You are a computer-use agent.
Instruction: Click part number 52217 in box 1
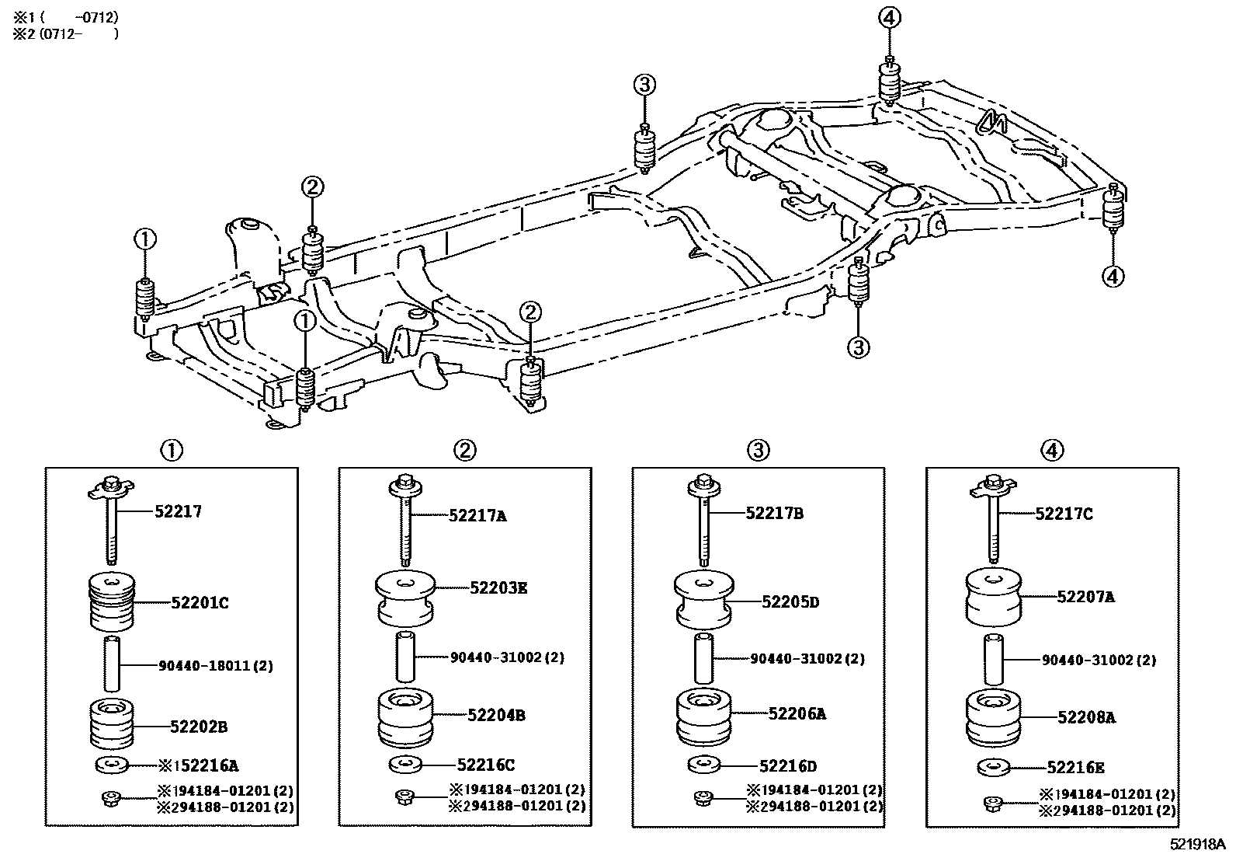(178, 511)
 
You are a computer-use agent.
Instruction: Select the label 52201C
(200, 602)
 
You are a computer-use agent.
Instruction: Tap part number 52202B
(199, 727)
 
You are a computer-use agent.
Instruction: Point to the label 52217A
(477, 515)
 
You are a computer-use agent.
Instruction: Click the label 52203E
(498, 588)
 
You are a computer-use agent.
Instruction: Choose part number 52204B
(495, 715)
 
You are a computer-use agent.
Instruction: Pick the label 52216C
(485, 765)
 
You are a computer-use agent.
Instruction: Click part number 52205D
(790, 602)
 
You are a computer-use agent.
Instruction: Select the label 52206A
(797, 713)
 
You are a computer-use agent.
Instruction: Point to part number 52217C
(1064, 514)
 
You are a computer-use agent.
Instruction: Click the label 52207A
(1085, 597)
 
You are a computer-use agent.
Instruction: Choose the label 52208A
(1085, 718)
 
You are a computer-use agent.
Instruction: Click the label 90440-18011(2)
(215, 666)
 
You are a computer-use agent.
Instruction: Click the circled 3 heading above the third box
(759, 449)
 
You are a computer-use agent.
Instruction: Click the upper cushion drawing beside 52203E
(404, 597)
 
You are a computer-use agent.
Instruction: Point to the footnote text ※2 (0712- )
(66, 33)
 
